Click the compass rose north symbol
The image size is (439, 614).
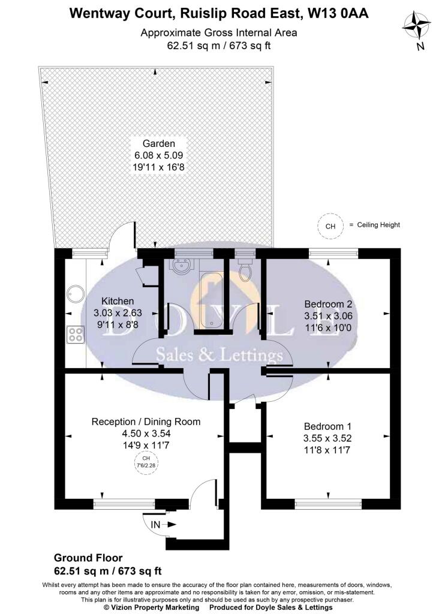click(416, 26)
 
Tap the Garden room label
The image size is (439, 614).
click(158, 143)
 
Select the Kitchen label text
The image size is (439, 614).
click(118, 301)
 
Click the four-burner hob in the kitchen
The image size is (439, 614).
click(75, 335)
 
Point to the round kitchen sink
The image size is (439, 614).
click(75, 294)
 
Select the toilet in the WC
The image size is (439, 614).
click(244, 267)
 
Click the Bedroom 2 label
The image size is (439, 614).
click(328, 304)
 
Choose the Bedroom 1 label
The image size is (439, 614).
click(328, 426)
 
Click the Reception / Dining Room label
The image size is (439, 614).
click(146, 422)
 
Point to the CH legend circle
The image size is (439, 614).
click(330, 226)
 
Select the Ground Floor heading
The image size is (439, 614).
click(88, 558)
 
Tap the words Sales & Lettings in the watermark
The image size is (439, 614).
click(219, 355)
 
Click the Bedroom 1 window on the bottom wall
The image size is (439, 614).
click(328, 504)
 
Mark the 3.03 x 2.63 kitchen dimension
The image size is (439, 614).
click(118, 313)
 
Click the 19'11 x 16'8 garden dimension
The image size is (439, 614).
click(158, 167)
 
